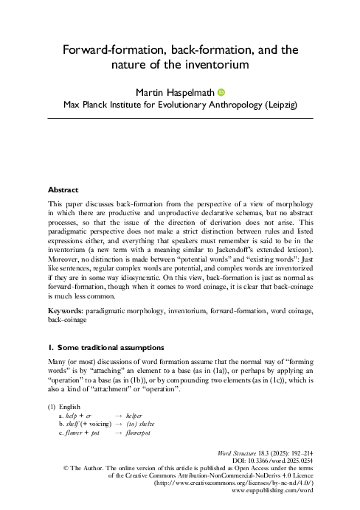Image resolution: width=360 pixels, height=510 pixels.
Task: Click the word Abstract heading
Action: [63, 188]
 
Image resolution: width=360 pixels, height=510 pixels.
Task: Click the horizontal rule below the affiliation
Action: [180, 118]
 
